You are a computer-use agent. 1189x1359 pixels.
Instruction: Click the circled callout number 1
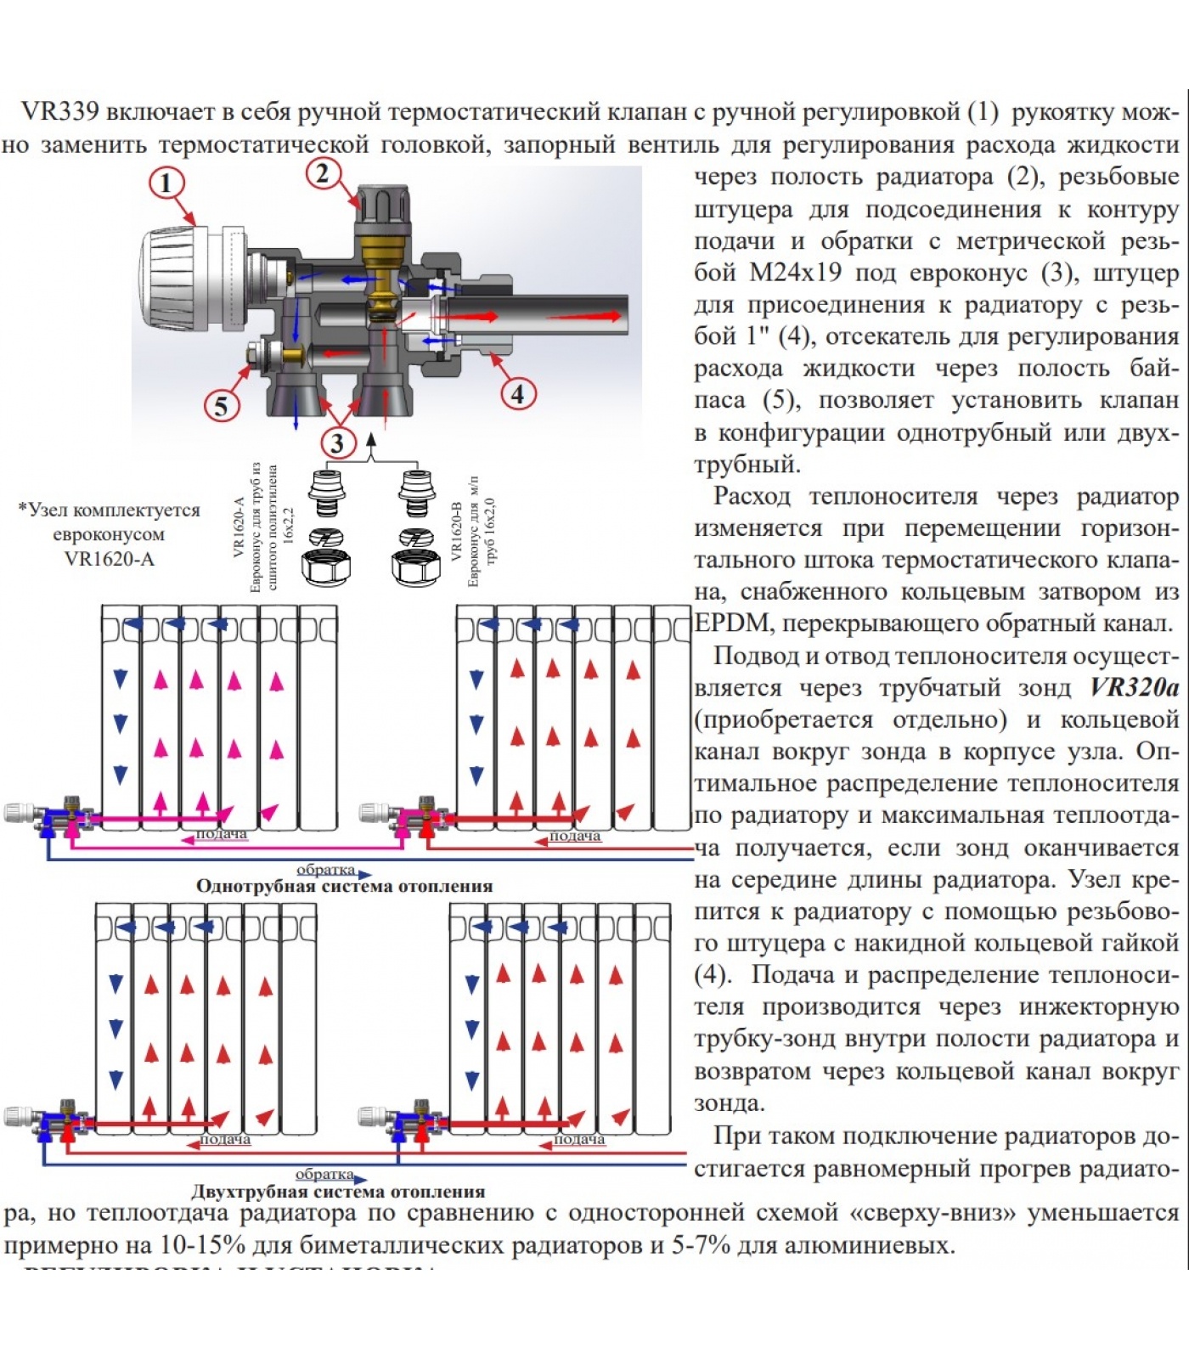166,183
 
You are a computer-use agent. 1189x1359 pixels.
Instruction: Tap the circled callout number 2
323,173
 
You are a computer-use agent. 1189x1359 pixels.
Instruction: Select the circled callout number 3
338,443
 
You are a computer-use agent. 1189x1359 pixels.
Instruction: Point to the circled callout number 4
517,393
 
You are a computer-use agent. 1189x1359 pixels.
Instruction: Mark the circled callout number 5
221,406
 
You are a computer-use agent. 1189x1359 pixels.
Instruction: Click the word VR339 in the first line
59,112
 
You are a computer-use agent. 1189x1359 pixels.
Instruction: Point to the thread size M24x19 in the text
796,273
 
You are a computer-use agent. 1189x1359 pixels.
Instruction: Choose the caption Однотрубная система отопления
344,886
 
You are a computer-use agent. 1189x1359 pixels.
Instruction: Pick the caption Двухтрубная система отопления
338,1192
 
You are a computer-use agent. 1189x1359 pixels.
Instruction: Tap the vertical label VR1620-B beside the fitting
456,531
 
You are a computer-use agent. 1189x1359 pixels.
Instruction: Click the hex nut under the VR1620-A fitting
325,567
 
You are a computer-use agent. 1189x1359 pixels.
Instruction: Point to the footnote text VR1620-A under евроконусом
110,559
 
